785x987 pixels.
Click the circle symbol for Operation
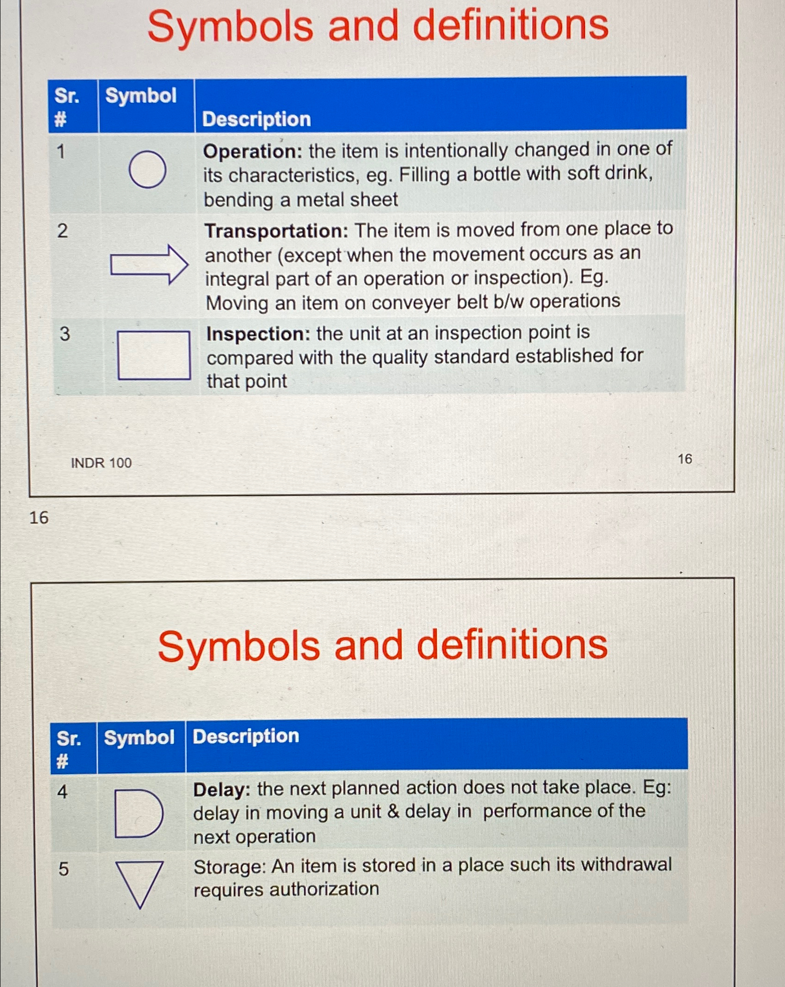click(148, 169)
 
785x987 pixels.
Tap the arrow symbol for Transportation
click(149, 264)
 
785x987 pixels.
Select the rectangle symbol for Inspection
click(154, 355)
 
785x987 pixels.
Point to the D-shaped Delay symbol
click(138, 813)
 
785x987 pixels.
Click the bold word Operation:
click(253, 151)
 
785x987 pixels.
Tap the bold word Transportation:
click(277, 231)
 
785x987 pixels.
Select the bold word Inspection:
click(258, 334)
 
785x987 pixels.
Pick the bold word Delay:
click(222, 789)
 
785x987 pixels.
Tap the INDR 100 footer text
click(101, 463)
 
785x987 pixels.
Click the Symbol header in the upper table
click(141, 96)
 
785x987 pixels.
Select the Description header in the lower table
click(246, 736)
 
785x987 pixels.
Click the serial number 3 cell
click(65, 334)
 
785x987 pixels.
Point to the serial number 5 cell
click(64, 869)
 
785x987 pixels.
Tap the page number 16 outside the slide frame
click(39, 517)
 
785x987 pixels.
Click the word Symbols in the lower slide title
click(239, 646)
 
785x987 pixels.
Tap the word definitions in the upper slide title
click(510, 26)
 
